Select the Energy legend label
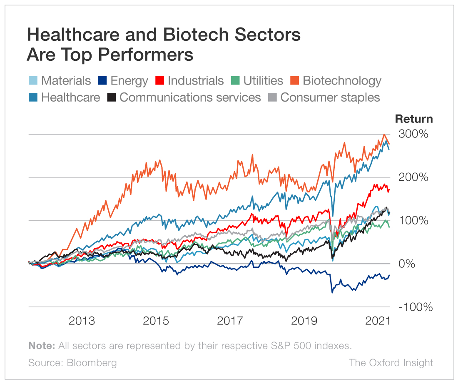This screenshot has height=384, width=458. click(129, 80)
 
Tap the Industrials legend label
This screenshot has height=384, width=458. click(196, 80)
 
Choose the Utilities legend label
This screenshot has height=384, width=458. click(263, 80)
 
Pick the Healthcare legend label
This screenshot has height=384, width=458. click(71, 97)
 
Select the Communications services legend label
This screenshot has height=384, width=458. click(190, 97)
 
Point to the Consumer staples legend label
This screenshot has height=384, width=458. click(330, 97)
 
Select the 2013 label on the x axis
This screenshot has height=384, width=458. click(82, 321)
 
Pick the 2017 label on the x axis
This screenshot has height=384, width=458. click(230, 321)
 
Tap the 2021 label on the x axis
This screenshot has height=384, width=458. click(377, 321)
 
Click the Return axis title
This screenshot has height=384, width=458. click(413, 119)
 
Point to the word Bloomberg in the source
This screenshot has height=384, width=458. click(92, 363)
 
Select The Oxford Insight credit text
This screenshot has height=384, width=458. click(391, 363)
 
